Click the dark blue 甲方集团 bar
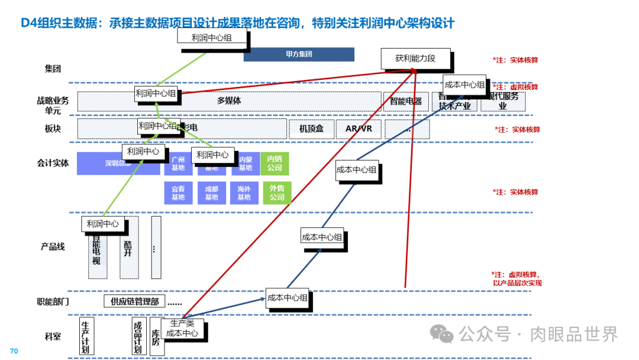tap(299, 54)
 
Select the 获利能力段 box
tap(415, 59)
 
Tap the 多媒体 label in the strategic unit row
tap(229, 101)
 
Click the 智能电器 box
tap(406, 101)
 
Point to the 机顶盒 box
tap(311, 128)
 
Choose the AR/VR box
tap(359, 128)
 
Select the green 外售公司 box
tap(277, 193)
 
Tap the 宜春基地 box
tap(178, 193)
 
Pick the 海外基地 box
tap(244, 193)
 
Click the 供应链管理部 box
tap(134, 301)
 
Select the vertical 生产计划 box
tap(86, 336)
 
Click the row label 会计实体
tap(53, 163)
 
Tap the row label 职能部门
tap(53, 301)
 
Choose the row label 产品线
tap(53, 246)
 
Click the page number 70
tap(14, 351)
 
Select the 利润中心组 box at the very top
tap(211, 37)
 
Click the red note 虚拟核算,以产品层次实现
tap(517, 279)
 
